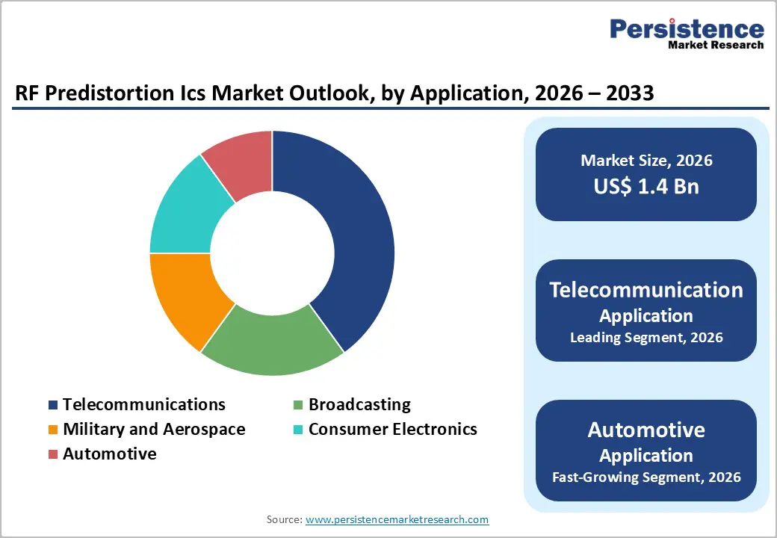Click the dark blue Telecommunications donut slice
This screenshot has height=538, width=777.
click(x=351, y=239)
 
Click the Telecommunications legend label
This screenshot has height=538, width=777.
click(x=143, y=404)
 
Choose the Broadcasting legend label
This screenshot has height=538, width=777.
click(x=359, y=404)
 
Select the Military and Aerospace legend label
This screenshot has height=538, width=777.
click(x=154, y=429)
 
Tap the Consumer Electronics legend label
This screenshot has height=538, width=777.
click(x=392, y=429)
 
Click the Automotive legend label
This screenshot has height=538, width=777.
click(x=110, y=454)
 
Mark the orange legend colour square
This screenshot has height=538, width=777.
click(x=53, y=430)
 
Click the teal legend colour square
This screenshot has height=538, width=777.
click(x=298, y=430)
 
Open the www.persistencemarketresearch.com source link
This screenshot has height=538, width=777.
click(x=397, y=519)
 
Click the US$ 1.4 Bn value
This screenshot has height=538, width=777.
click(x=646, y=186)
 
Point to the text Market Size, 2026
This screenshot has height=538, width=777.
click(x=646, y=161)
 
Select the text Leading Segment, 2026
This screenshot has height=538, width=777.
click(x=646, y=337)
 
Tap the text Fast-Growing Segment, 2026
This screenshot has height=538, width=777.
click(x=646, y=477)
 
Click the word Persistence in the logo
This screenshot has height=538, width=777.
click(x=687, y=29)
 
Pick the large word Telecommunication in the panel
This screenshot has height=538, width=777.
click(x=646, y=290)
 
